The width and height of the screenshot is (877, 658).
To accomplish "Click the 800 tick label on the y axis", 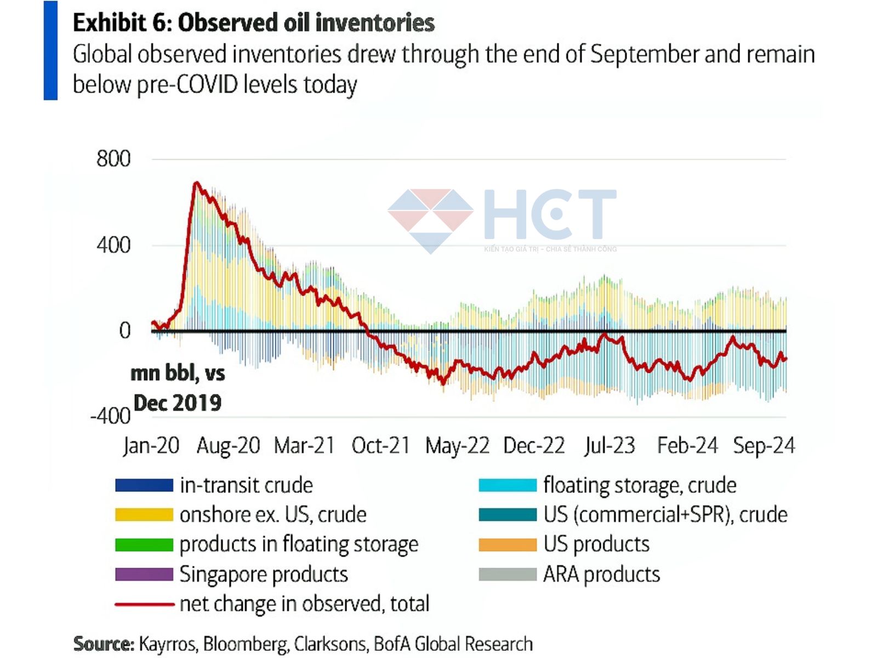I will point(113,159).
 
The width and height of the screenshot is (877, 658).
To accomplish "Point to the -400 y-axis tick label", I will point(110,416).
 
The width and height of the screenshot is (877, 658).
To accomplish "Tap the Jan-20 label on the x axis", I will point(151,445).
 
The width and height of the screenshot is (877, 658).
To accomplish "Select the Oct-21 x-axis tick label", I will point(380,445).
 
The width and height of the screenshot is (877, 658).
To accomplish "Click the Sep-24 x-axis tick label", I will point(764,445).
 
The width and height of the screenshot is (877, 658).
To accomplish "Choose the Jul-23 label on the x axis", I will point(610,445).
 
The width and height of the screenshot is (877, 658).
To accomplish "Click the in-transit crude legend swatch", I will point(144,485).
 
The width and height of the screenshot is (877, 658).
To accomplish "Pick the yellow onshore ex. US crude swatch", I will point(144,515).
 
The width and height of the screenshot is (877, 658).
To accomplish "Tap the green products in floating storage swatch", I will point(144,544).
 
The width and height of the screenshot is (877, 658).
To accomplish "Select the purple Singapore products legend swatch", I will point(144,574).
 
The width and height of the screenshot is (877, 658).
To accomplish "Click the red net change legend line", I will point(144,604).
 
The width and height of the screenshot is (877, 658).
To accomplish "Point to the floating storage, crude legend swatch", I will point(507,485).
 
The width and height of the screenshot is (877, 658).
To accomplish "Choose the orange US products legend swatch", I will point(507,544).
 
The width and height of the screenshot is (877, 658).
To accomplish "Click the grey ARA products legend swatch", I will point(507,574).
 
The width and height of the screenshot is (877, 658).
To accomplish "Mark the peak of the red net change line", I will point(196,183).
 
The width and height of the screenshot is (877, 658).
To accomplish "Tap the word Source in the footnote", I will point(103,644).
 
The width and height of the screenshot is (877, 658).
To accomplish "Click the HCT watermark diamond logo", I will point(431,219).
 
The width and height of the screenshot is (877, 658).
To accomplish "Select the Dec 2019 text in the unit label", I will point(177,403).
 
